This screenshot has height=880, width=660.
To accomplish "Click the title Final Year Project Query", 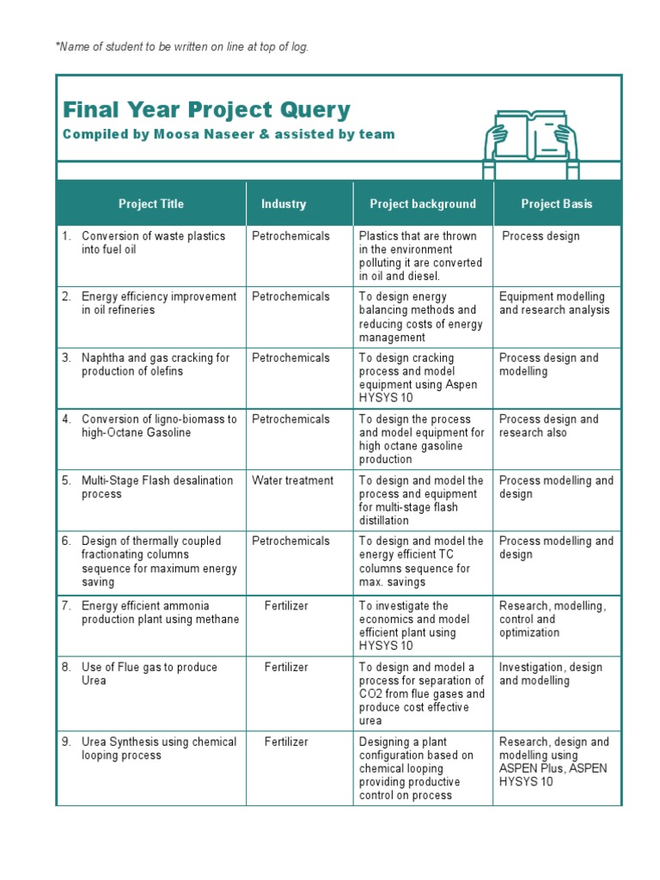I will click(206, 110).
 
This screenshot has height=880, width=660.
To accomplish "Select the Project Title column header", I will click(151, 204).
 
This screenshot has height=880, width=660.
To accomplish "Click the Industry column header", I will click(284, 204).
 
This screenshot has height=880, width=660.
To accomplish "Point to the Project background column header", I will click(423, 204).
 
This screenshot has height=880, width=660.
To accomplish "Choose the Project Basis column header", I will click(557, 204).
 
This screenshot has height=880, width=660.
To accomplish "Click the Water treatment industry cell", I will click(292, 480).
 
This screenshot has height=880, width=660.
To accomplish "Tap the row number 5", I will click(66, 480).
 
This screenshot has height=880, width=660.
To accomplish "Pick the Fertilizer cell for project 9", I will click(286, 742).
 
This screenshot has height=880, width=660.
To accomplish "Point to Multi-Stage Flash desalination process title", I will click(156, 487).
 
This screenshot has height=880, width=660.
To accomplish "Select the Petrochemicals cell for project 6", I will click(290, 541).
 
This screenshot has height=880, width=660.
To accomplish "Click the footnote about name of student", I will click(182, 46).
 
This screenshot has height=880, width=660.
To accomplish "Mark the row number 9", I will click(66, 742).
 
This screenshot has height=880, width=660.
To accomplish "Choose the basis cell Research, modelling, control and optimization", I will click(553, 619).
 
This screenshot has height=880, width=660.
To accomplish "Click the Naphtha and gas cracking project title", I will click(155, 364).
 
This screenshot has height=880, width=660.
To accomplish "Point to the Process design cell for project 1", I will click(541, 235).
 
